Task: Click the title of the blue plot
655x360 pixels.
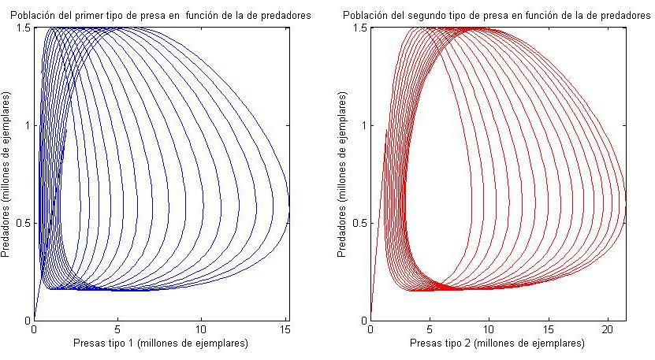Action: pyautogui.click(x=161, y=15)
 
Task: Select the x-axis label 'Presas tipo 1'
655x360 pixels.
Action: pyautogui.click(x=161, y=343)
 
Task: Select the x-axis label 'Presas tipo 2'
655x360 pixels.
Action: pyautogui.click(x=497, y=343)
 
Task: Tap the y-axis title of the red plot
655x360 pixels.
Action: pyautogui.click(x=344, y=173)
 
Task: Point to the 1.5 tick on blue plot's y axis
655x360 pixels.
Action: pyautogui.click(x=23, y=28)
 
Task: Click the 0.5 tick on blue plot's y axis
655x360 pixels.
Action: pyautogui.click(x=23, y=223)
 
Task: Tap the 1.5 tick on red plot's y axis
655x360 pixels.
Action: pyautogui.click(x=359, y=28)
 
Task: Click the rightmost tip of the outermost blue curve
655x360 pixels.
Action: pyautogui.click(x=289, y=206)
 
